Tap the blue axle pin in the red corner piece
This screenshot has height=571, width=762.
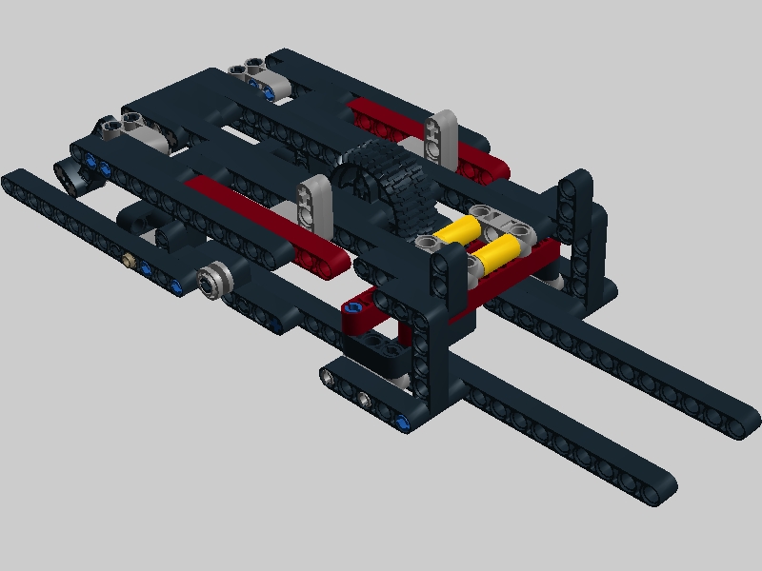356,309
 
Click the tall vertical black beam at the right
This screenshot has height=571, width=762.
574,228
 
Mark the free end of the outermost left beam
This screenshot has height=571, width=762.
14,180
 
